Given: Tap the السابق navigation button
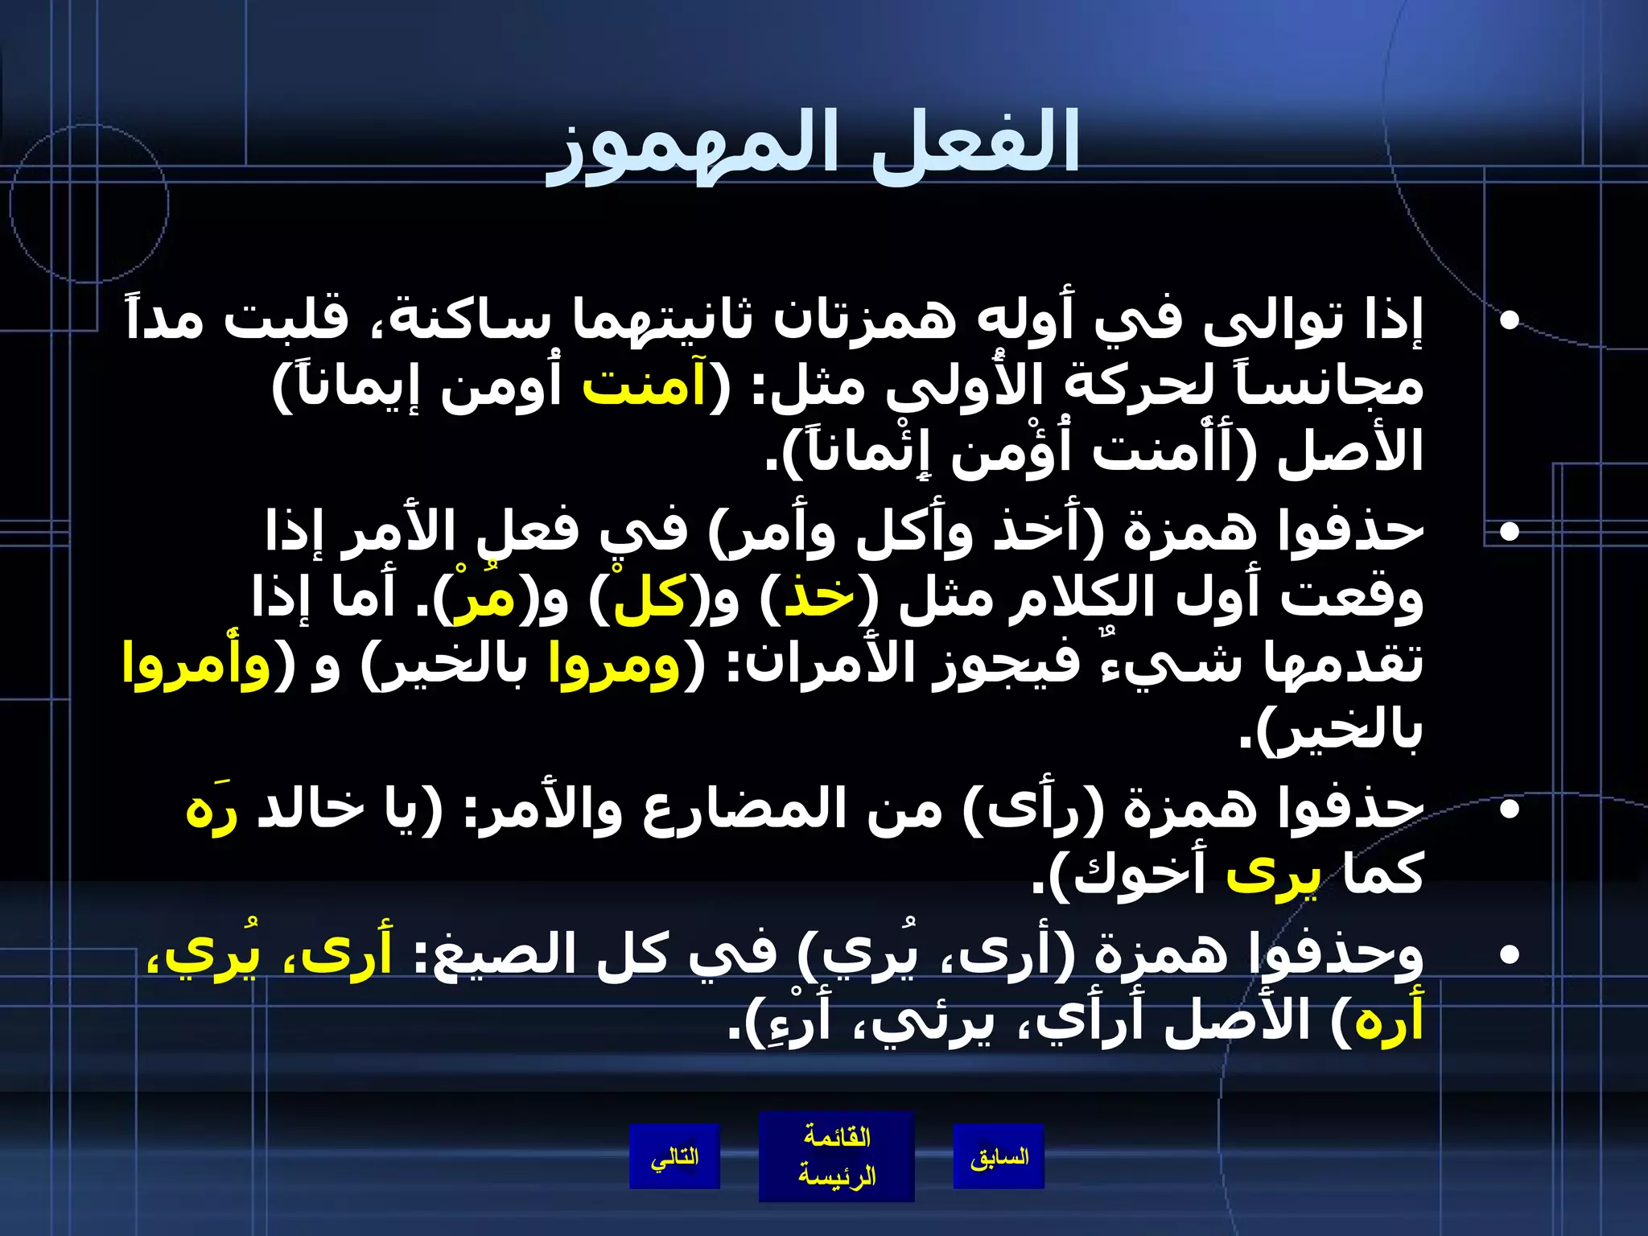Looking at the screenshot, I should (x=999, y=1157).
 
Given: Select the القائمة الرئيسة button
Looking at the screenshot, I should (x=837, y=1156).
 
